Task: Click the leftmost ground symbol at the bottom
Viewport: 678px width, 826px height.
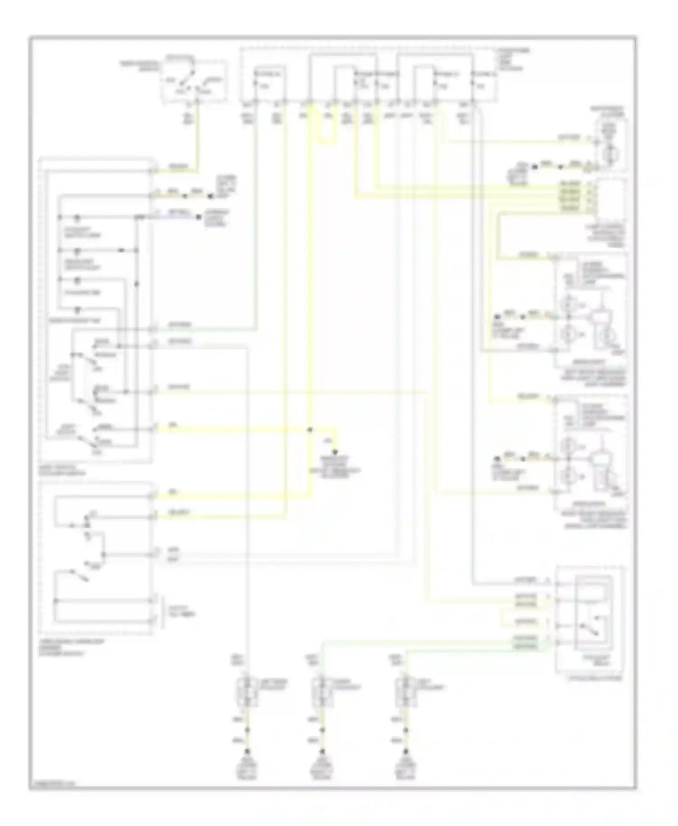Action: pyautogui.click(x=247, y=753)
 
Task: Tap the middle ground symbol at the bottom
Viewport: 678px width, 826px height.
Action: pyautogui.click(x=322, y=753)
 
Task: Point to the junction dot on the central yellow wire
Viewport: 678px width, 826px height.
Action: pyautogui.click(x=310, y=430)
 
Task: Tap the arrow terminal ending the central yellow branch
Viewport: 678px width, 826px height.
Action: pyautogui.click(x=335, y=451)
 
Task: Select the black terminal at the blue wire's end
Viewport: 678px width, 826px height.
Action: pyautogui.click(x=198, y=217)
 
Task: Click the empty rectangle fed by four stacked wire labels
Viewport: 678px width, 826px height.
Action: pyautogui.click(x=612, y=197)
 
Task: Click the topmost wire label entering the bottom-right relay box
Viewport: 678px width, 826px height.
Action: pyautogui.click(x=526, y=579)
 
